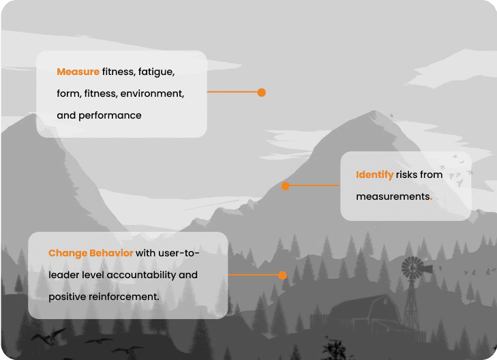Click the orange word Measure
pyautogui.click(x=78, y=72)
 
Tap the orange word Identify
pyautogui.click(x=374, y=175)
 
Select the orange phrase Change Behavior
pyautogui.click(x=91, y=254)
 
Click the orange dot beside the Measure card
pyautogui.click(x=261, y=92)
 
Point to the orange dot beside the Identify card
pyautogui.click(x=285, y=185)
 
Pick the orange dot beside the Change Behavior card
pyautogui.click(x=282, y=275)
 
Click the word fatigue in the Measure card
pyautogui.click(x=157, y=72)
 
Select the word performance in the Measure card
pyautogui.click(x=110, y=115)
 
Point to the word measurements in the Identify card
pyautogui.click(x=392, y=196)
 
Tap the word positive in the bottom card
pyautogui.click(x=68, y=297)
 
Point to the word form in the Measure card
pyautogui.click(x=67, y=93)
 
